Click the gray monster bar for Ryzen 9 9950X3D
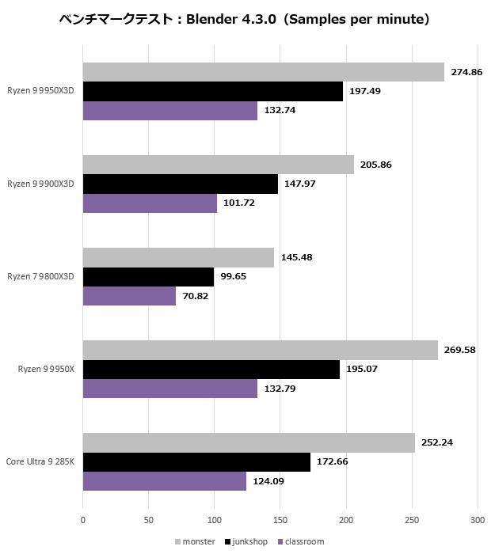(x=263, y=72)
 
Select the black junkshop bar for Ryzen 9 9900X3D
(x=180, y=184)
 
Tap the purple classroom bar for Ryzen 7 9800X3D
(x=129, y=296)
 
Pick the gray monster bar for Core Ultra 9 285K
(x=249, y=443)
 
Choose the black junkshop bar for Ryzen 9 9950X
(x=211, y=370)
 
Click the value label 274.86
(x=467, y=72)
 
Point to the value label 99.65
(x=236, y=278)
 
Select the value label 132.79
(x=280, y=388)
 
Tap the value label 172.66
(x=333, y=462)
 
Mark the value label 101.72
(x=239, y=203)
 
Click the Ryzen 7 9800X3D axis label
(x=40, y=277)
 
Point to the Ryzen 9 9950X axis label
(x=46, y=369)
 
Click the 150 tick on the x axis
(x=280, y=520)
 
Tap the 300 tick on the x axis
(x=477, y=520)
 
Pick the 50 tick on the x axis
(x=148, y=520)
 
